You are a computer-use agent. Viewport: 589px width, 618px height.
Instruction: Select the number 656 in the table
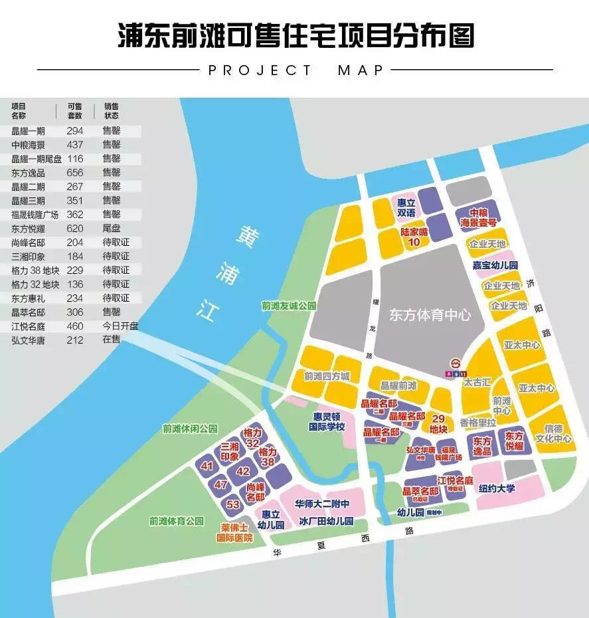tap(75, 172)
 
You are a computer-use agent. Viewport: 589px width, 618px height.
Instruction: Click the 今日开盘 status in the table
tap(120, 326)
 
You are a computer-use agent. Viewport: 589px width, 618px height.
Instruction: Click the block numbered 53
tap(233, 504)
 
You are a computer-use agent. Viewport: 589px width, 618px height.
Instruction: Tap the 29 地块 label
tap(438, 423)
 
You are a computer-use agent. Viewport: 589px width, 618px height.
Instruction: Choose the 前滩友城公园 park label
tap(289, 306)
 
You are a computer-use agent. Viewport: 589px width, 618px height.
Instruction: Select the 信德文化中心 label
tap(553, 434)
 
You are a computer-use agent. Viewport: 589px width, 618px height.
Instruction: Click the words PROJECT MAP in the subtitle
tap(296, 70)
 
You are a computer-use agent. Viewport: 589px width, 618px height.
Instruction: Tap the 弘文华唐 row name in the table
tap(29, 340)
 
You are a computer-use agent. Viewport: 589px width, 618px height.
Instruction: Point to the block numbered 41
tap(207, 466)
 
